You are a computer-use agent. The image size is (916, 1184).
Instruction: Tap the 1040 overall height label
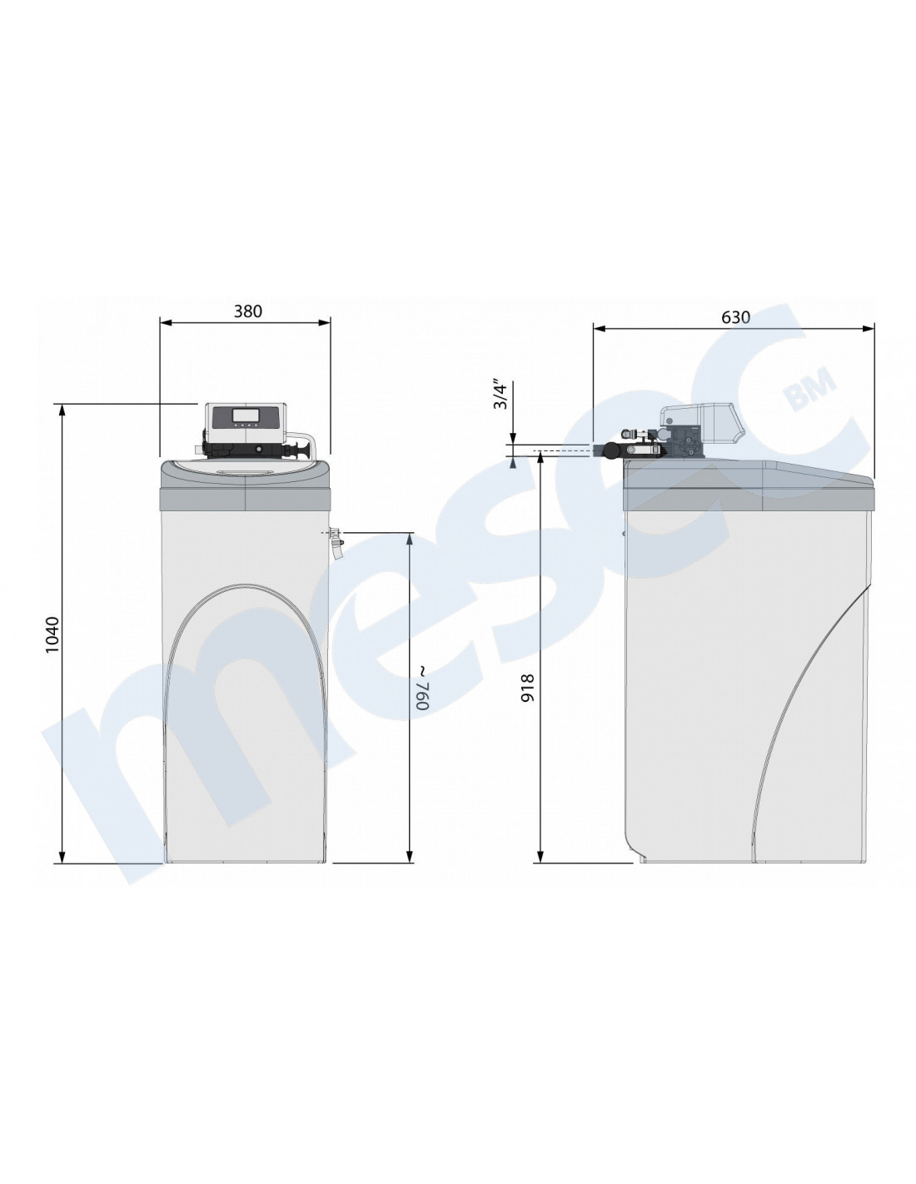tap(52, 634)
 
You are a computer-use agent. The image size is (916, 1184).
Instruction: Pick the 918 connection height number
tap(527, 688)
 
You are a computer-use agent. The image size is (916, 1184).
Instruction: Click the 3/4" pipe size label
tap(500, 395)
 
